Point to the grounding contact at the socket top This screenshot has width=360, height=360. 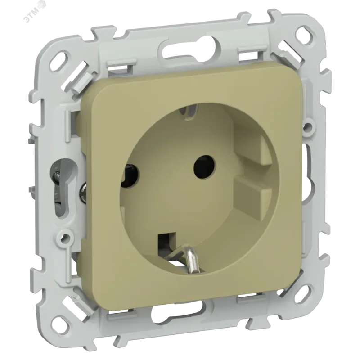pos(188,111)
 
